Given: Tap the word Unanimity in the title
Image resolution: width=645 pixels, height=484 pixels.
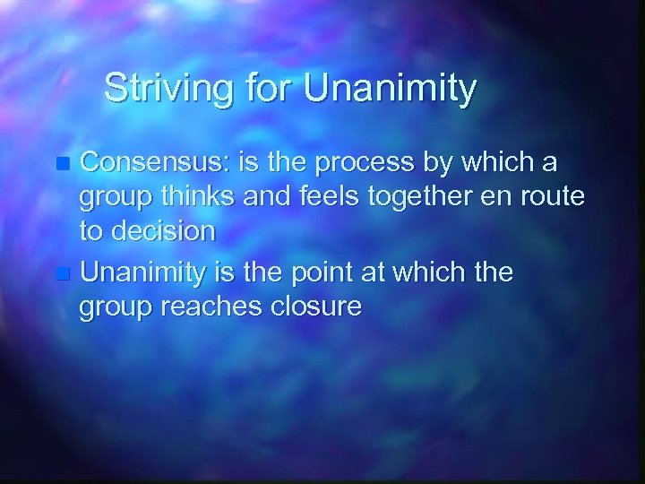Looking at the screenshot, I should tap(391, 90).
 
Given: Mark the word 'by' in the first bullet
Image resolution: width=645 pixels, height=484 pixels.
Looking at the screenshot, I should tap(448, 165).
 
